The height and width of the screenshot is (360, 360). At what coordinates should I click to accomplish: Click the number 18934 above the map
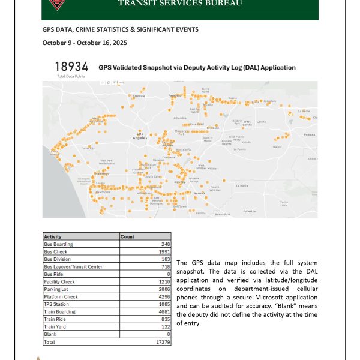coord(72,67)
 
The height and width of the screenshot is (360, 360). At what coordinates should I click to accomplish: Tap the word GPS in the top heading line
coord(48,29)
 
